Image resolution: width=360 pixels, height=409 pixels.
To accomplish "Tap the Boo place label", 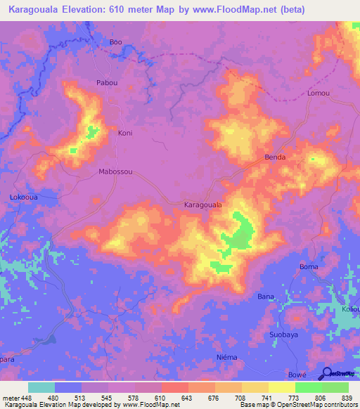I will [x=116, y=42].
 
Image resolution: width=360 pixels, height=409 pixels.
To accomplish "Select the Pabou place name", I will [x=108, y=82].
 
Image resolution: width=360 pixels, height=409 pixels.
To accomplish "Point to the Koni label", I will [x=125, y=133].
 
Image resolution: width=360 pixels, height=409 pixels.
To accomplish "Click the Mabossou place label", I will [x=115, y=171].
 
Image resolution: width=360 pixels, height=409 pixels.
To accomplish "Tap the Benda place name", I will [x=274, y=157].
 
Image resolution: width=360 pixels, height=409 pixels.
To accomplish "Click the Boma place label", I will [x=309, y=267].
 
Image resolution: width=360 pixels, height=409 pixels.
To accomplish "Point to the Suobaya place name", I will [x=285, y=335].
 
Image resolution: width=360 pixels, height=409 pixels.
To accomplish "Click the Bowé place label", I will [x=297, y=375].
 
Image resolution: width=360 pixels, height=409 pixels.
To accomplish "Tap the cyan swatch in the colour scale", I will [x=41, y=387].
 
